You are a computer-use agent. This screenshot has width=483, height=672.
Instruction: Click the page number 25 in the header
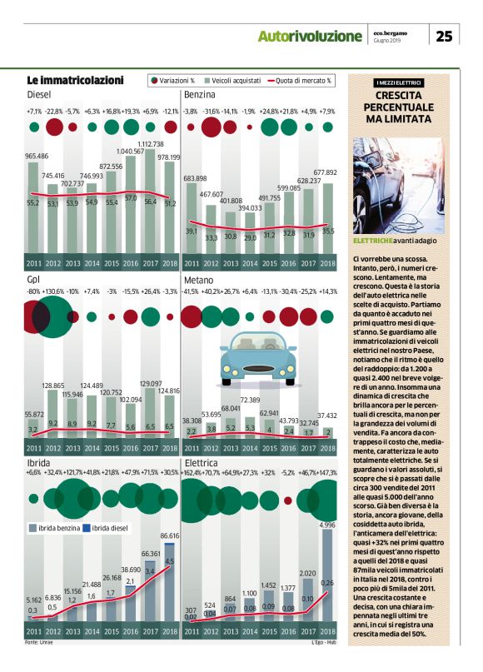point(445,35)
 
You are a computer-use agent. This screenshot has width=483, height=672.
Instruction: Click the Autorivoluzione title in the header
point(311,36)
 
